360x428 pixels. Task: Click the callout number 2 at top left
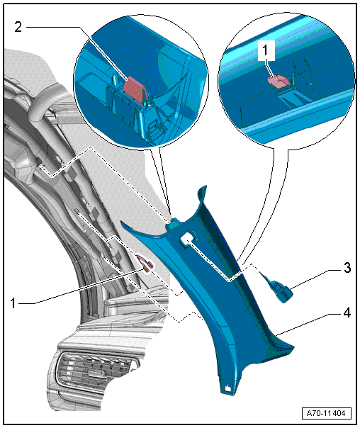coord(18,27)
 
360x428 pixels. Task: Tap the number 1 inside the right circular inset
coord(265,51)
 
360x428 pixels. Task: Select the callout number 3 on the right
coord(347,268)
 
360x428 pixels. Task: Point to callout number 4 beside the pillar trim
coord(347,312)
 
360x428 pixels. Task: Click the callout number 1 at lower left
coord(13,303)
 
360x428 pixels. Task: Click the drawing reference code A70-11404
coord(327,413)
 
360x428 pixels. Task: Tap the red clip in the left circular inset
coord(135,88)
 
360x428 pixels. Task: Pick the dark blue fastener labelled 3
coord(279,289)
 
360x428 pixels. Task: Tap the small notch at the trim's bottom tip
coord(227,388)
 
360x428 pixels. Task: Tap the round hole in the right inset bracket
coord(310,88)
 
